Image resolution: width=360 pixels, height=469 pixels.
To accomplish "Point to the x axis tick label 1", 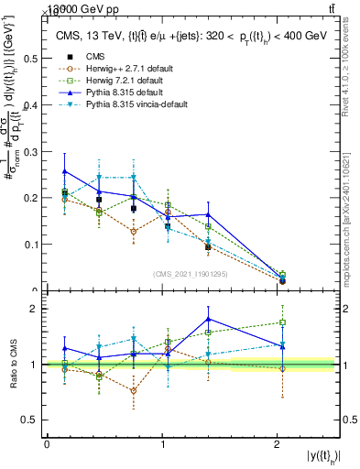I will pos(162,444).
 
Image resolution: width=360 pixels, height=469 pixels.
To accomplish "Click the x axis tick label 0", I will pos(47,444).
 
